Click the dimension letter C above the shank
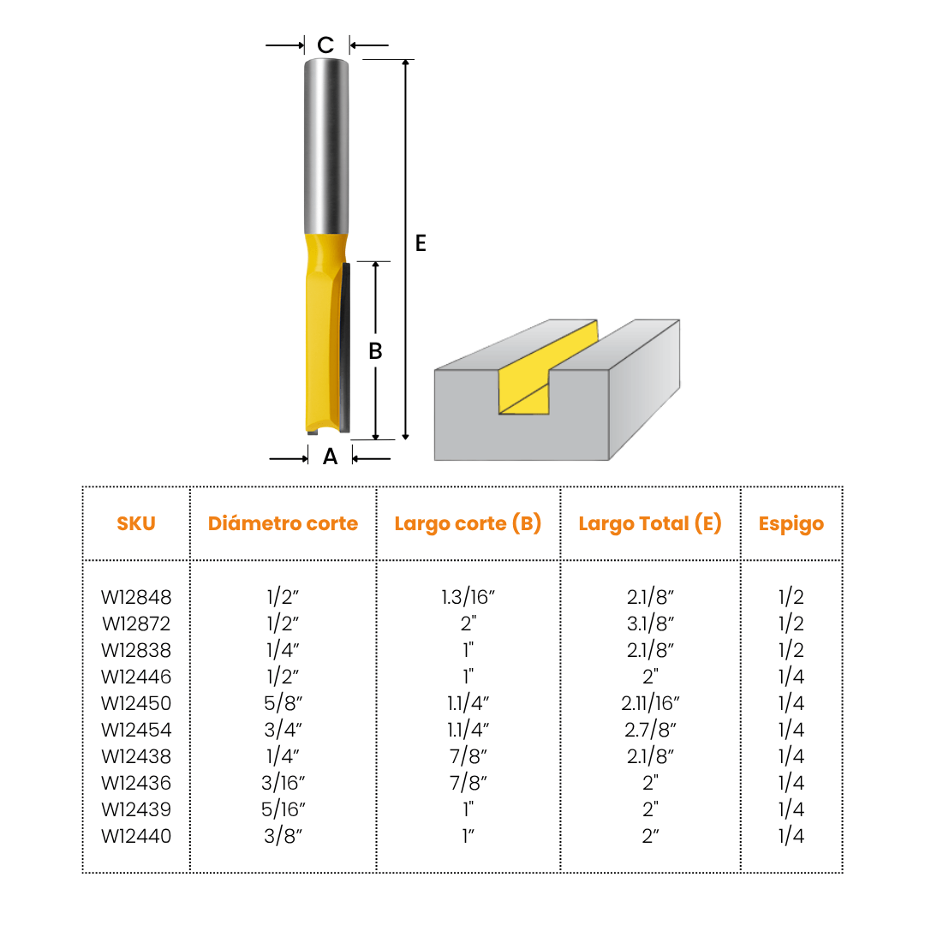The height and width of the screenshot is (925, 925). (325, 45)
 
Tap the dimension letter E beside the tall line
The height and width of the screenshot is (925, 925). (421, 243)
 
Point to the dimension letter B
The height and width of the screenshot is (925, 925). (375, 351)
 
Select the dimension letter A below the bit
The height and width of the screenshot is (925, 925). (331, 457)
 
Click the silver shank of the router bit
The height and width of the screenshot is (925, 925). (326, 146)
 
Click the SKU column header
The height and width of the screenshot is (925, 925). (136, 523)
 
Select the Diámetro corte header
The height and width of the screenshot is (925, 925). (283, 523)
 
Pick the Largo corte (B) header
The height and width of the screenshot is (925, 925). (468, 524)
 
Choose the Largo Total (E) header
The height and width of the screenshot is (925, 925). (650, 524)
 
